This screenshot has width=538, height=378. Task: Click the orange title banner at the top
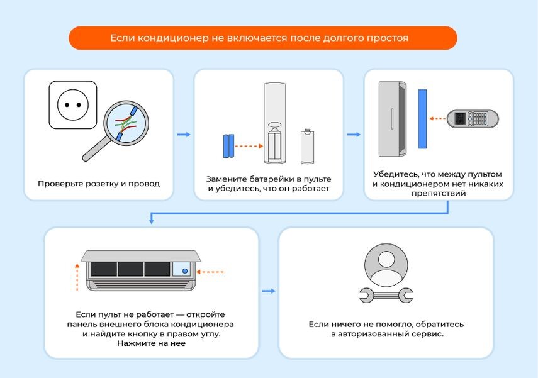click(263, 38)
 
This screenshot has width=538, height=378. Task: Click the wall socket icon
click(73, 105)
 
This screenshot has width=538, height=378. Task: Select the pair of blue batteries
click(228, 146)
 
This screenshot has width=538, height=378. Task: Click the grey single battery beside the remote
click(308, 147)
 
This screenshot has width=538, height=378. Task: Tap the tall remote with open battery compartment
click(275, 123)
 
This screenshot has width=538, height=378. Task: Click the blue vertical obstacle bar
click(422, 119)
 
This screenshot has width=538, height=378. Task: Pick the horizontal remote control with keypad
click(473, 119)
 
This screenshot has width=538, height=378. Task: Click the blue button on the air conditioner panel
click(185, 271)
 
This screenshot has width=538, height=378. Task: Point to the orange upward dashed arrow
click(77, 277)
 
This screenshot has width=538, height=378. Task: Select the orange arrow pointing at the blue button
click(210, 272)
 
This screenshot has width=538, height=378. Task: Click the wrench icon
click(386, 296)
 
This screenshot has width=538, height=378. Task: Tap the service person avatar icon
click(386, 265)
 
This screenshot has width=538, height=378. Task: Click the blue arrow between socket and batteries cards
click(184, 135)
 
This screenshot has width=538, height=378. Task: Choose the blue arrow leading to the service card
click(269, 291)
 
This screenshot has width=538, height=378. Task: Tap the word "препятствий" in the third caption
click(439, 194)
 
